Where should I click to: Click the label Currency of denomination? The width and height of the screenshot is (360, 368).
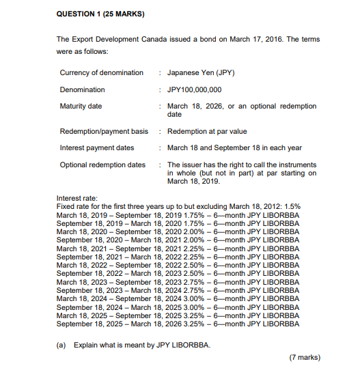[x=102, y=72]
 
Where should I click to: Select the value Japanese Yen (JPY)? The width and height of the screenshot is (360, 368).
[x=201, y=72]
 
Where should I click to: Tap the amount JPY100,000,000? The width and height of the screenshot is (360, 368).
[x=195, y=89]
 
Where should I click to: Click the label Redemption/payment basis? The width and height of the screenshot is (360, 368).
[x=104, y=131]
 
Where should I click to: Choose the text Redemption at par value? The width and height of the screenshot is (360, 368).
[x=207, y=131]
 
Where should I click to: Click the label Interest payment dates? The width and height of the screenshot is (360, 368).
[x=95, y=148]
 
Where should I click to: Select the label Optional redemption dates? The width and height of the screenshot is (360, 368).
[x=102, y=165]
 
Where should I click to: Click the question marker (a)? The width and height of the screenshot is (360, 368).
[x=61, y=344]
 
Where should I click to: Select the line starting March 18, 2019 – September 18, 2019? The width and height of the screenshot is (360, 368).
[x=178, y=214]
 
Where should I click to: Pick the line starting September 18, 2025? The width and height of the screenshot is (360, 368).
[x=178, y=324]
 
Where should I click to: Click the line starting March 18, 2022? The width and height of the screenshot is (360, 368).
[x=178, y=265]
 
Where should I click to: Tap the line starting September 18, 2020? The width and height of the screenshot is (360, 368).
[x=178, y=240]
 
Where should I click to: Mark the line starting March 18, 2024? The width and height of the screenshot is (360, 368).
[x=178, y=298]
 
